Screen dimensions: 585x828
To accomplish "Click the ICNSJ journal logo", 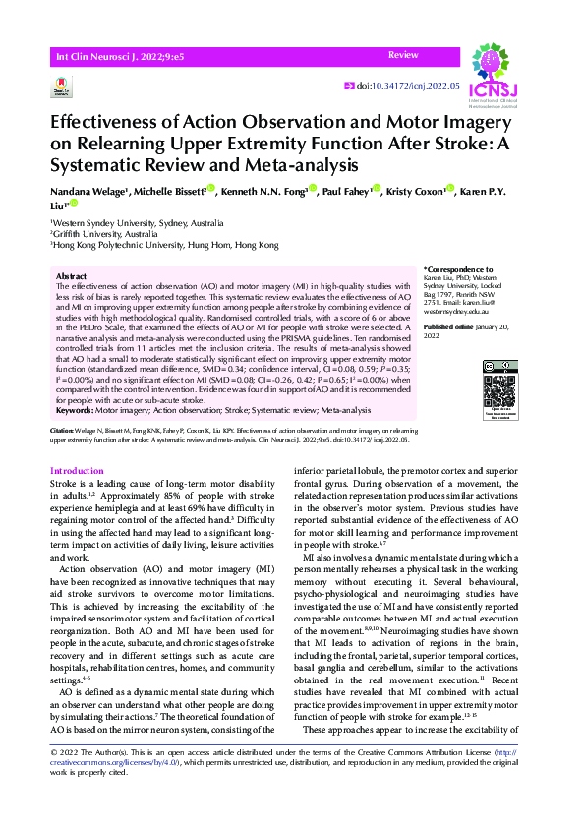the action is (497, 70).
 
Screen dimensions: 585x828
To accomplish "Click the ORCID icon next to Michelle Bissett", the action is (209, 189).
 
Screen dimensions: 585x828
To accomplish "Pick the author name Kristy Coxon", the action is (417, 192).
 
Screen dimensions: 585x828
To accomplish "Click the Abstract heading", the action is (72, 278).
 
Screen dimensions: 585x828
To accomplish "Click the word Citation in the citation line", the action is (61, 431).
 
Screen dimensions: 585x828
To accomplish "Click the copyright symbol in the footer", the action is (53, 779).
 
